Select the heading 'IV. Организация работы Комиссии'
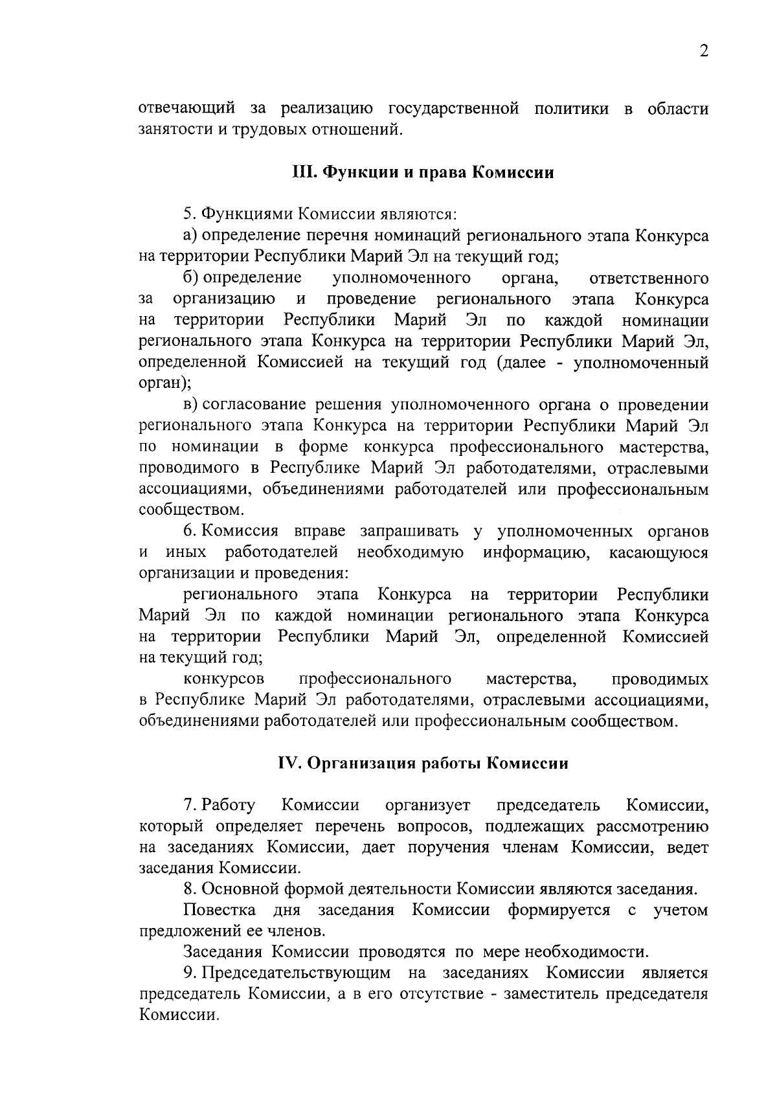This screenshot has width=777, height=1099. pos(423,764)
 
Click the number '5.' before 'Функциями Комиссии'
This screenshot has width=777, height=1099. pos(189,214)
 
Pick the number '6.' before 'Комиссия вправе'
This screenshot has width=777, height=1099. pos(189,532)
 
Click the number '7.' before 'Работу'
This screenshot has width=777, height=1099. pos(189,806)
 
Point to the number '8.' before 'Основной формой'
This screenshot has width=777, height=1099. pos(189,890)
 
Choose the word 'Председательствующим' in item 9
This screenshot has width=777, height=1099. pos(296,973)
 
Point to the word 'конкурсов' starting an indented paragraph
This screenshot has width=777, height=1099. pos(224,679)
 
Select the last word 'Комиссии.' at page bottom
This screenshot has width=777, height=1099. pos(179,1015)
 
